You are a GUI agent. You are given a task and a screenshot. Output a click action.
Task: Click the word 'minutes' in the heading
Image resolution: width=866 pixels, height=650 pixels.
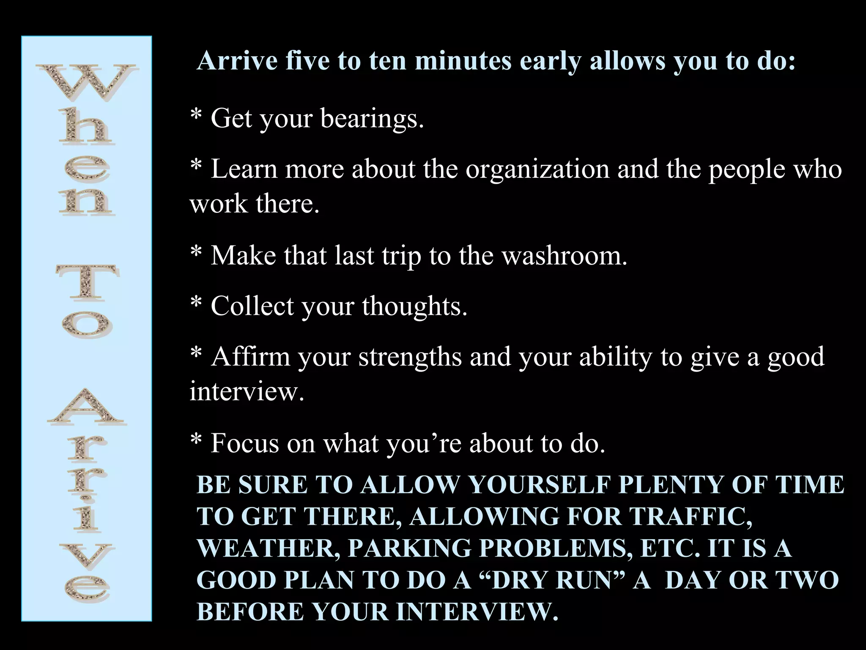[x=463, y=61]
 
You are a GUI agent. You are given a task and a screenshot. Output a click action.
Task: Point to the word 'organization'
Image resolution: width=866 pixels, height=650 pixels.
[x=537, y=169]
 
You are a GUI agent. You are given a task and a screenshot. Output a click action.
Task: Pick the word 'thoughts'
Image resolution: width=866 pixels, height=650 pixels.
[x=414, y=306]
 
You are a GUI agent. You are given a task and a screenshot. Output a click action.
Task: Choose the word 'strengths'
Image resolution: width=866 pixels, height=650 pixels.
[x=410, y=357]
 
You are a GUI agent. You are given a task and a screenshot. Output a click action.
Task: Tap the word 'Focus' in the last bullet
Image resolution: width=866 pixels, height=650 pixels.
[x=245, y=443]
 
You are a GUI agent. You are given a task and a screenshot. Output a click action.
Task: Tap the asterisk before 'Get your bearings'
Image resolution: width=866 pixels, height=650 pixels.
[x=196, y=115]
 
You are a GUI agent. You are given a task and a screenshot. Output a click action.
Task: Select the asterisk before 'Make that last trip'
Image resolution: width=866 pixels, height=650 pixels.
[x=196, y=253]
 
